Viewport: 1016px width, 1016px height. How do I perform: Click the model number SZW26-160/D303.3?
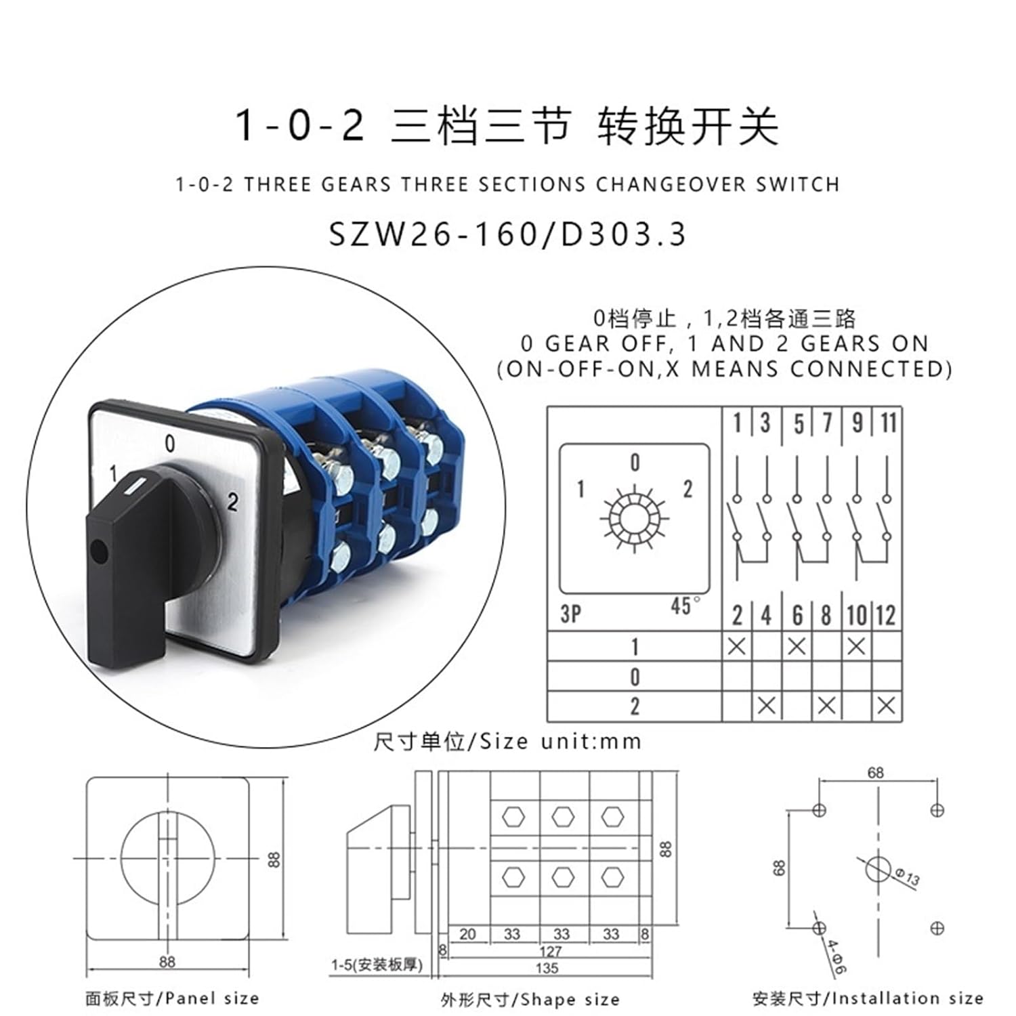(x=507, y=234)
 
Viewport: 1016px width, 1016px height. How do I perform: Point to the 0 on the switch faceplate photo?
(x=169, y=443)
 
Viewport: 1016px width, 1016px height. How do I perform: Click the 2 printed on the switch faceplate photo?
(x=232, y=502)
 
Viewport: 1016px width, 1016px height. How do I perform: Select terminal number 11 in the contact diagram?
(x=888, y=423)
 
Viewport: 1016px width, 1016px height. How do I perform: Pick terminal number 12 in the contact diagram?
(x=886, y=615)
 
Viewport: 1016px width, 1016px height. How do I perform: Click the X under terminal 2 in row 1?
(x=736, y=646)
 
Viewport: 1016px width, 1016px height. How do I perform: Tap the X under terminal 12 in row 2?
(x=886, y=706)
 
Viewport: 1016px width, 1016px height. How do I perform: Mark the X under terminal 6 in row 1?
(x=797, y=646)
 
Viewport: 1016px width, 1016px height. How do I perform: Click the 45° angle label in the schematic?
(x=685, y=606)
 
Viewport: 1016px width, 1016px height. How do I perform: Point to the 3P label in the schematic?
(x=570, y=614)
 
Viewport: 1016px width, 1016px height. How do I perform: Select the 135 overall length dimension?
(x=547, y=968)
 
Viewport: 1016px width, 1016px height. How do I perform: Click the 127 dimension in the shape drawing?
(x=551, y=952)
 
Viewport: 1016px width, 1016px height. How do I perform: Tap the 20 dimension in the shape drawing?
(x=467, y=934)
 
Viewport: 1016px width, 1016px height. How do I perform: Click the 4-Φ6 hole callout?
(x=836, y=956)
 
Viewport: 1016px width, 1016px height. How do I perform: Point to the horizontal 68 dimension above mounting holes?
(x=876, y=772)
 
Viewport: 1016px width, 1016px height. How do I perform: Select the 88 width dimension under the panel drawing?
(x=167, y=961)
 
